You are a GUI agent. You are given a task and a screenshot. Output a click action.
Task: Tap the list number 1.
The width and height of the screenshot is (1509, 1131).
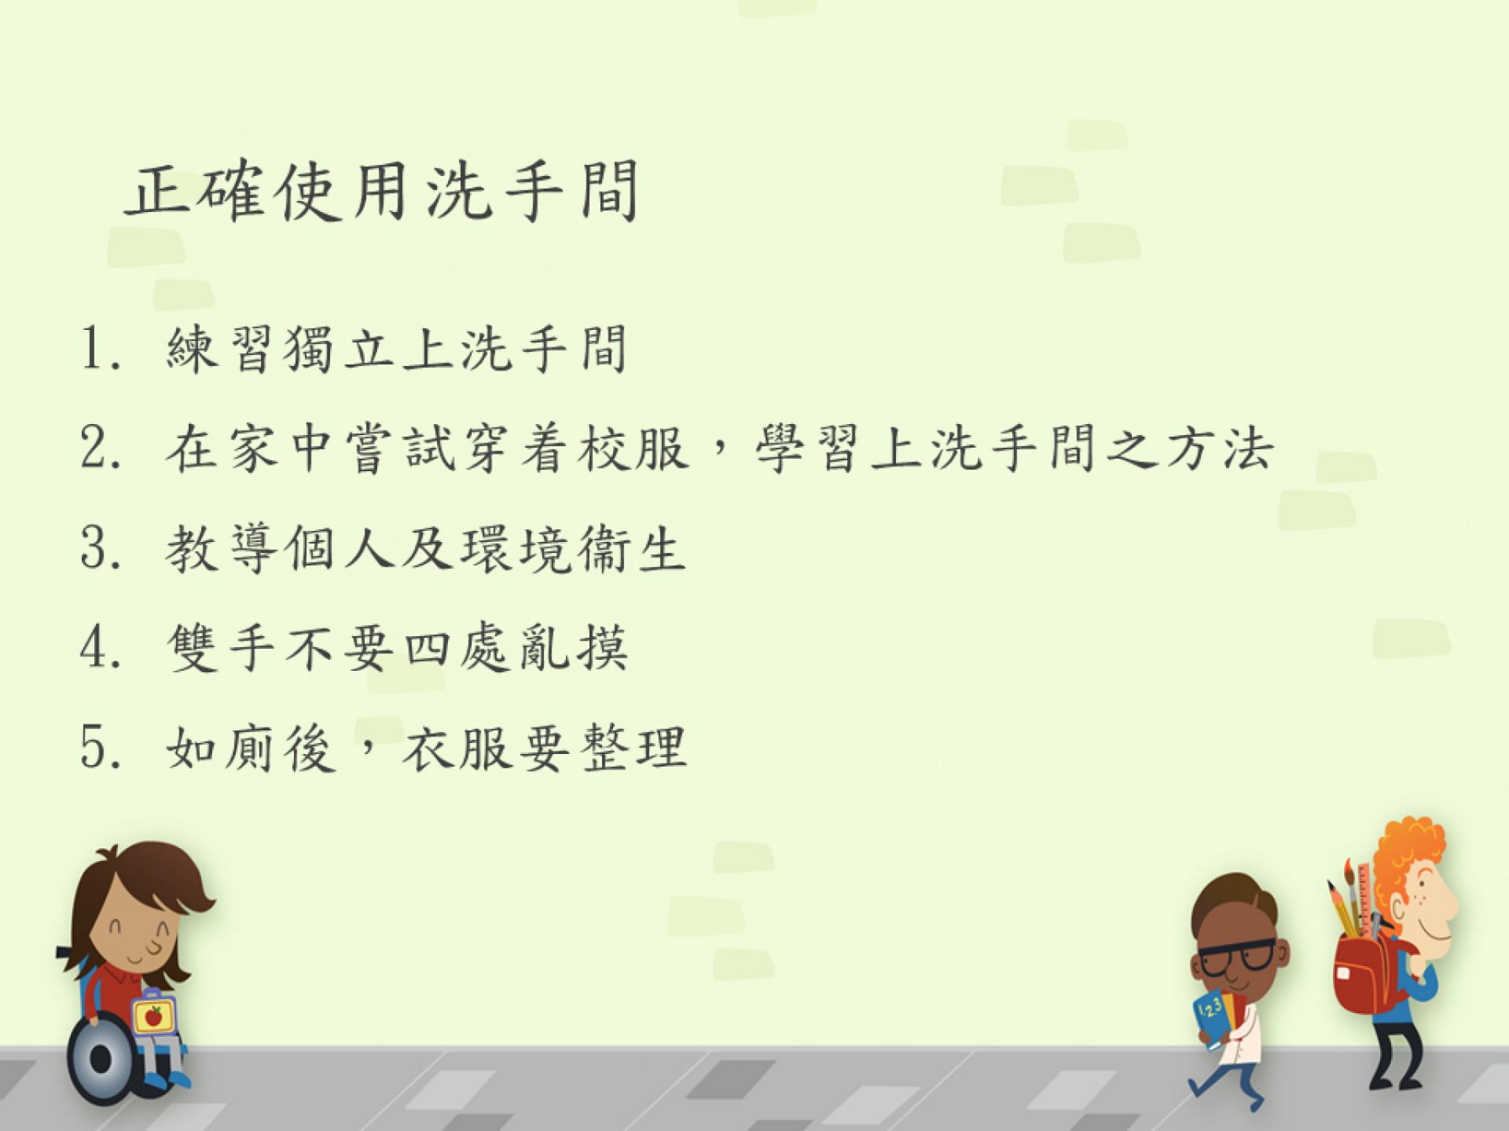tap(101, 348)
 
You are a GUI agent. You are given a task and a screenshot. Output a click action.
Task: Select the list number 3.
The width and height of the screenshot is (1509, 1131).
tap(101, 547)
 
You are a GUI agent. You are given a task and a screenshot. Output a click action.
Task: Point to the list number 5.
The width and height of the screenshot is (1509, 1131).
tap(101, 747)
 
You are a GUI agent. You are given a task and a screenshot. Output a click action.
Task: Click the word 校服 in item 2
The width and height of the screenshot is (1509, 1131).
tap(633, 448)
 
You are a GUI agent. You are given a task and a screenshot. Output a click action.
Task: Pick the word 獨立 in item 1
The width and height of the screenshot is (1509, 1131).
tap(339, 349)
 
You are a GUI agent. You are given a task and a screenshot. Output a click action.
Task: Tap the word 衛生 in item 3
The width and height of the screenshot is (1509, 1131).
tap(633, 548)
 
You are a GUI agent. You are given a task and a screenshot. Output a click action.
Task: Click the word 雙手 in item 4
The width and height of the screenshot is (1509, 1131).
tap(221, 648)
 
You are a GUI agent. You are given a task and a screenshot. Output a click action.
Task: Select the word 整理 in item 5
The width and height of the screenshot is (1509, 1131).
tap(633, 748)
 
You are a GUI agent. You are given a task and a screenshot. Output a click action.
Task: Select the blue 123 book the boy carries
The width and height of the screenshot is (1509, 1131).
tap(1213, 1018)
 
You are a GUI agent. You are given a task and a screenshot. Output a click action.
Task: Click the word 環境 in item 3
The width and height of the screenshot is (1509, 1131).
tap(516, 548)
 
